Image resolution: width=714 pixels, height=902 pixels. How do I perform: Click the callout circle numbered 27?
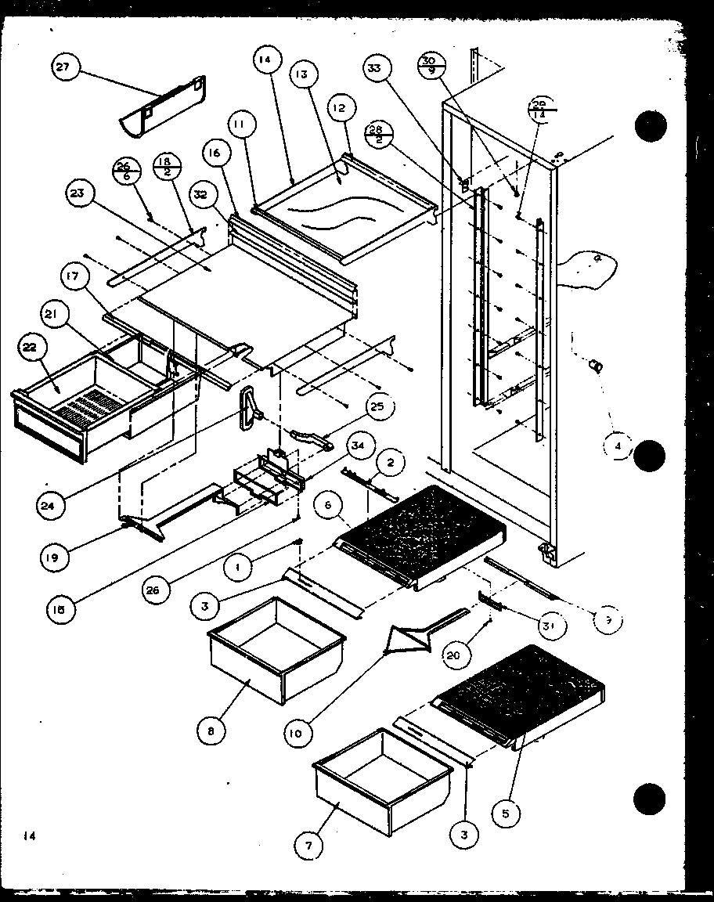(62, 68)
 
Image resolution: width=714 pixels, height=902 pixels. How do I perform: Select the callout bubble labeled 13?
(301, 75)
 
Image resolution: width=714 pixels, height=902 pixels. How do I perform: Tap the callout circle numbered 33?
(377, 69)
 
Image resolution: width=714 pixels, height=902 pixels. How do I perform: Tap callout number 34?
(357, 447)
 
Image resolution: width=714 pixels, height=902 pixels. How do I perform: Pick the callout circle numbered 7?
(308, 845)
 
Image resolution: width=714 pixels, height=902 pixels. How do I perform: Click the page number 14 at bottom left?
(30, 836)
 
